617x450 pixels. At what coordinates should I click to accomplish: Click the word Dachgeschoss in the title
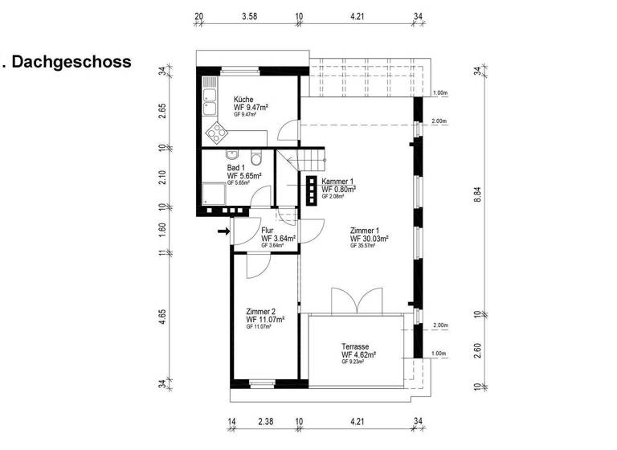click(72, 62)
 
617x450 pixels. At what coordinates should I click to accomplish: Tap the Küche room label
click(243, 99)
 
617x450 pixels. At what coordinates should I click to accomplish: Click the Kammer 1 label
click(339, 182)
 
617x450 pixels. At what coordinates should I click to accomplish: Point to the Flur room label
click(268, 231)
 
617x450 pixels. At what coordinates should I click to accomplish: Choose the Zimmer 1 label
click(366, 231)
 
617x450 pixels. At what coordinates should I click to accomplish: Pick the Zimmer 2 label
click(262, 312)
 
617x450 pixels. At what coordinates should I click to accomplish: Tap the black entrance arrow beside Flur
click(223, 233)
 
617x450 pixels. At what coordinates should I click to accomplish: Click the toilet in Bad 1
click(255, 157)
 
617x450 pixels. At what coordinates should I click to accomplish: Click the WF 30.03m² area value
click(370, 239)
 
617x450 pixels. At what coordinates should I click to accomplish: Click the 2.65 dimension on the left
click(162, 110)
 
